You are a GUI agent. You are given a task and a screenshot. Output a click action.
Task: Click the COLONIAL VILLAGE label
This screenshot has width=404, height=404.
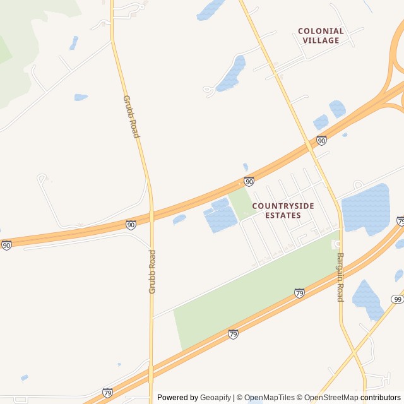(x=321, y=35)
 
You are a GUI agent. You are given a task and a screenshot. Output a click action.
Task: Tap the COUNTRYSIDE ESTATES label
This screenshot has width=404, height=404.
(x=282, y=210)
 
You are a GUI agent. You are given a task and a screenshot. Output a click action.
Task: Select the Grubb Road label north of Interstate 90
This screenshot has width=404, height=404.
(x=131, y=117)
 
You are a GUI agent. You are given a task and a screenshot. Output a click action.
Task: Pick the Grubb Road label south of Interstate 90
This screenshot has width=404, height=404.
(x=152, y=271)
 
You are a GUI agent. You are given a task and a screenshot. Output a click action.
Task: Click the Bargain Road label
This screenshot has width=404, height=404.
(x=340, y=277)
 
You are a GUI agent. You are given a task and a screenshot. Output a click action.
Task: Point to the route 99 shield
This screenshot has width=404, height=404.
(x=397, y=299)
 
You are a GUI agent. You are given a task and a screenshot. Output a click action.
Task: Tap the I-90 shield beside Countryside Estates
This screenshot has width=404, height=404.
(x=249, y=182)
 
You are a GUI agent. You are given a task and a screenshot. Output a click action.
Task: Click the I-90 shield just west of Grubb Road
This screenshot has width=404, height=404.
(x=131, y=225)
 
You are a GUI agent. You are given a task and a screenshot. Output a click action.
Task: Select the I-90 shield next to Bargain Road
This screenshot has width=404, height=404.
(x=321, y=141)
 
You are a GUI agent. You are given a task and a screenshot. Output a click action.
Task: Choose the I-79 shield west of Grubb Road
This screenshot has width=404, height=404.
(x=107, y=393)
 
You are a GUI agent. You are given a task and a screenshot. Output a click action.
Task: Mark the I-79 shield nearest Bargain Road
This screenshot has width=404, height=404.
(x=299, y=293)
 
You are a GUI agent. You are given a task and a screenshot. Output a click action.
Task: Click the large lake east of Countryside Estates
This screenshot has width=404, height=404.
(x=366, y=208)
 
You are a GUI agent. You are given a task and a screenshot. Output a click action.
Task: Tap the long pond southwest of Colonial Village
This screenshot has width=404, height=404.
(x=231, y=74)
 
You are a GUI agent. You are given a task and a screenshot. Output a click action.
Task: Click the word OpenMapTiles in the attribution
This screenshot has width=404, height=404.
(x=269, y=398)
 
